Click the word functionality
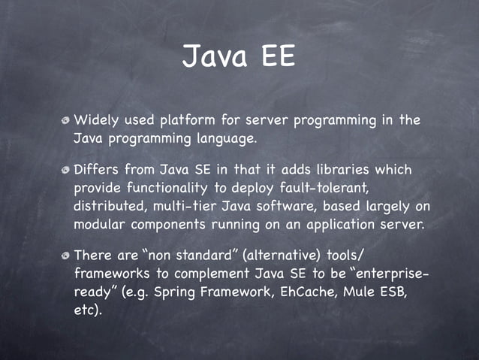tap(167, 187)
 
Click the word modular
tap(101, 224)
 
